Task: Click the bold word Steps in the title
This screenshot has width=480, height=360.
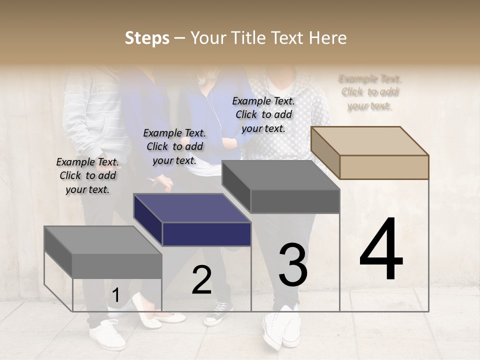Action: coord(147,38)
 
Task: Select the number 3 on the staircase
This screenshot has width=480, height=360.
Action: coord(293,265)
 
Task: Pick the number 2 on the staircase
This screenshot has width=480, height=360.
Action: coord(201,280)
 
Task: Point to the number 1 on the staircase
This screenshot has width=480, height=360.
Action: coord(115,295)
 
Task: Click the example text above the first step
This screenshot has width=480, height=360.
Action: coord(87,175)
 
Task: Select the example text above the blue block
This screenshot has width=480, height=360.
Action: coord(174,146)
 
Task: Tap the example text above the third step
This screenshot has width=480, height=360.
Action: coord(263,114)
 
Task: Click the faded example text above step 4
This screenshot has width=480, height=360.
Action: coord(370,92)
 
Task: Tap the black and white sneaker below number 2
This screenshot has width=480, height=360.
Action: coord(219,313)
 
